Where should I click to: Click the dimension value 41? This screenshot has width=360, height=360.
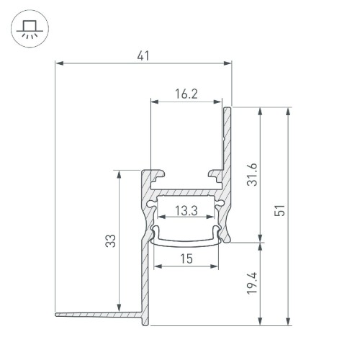click(145, 55)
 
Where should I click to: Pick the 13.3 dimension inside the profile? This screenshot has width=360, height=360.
click(186, 210)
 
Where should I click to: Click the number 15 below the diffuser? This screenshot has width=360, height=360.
click(186, 258)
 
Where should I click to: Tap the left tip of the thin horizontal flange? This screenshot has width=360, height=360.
click(57, 313)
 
